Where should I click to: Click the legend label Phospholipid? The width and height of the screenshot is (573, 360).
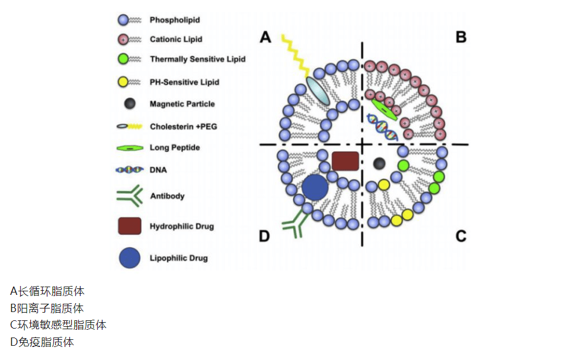click(175, 20)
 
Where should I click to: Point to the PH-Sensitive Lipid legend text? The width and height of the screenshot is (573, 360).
click(184, 82)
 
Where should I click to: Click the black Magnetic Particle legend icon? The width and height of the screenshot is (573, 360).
click(130, 104)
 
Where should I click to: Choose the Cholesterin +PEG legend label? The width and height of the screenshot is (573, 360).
click(184, 127)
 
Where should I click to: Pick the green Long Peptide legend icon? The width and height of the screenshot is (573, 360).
click(130, 148)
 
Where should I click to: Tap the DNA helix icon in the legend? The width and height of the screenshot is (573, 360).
click(130, 170)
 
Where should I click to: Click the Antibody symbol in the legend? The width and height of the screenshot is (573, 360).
click(130, 196)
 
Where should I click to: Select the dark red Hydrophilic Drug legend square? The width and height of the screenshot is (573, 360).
click(130, 226)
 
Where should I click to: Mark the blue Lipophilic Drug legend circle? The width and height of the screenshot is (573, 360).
click(130, 258)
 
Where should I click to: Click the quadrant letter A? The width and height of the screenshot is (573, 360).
click(265, 37)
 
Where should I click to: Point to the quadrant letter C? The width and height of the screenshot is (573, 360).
click(461, 236)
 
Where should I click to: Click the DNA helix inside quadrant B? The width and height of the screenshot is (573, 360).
click(382, 127)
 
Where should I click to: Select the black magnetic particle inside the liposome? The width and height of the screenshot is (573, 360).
click(379, 163)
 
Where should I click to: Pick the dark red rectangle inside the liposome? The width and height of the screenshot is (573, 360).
click(345, 161)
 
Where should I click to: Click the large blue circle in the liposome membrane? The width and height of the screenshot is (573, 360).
click(315, 187)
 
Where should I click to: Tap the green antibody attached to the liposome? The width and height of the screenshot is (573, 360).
click(296, 223)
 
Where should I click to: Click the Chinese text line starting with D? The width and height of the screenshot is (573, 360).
click(42, 342)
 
